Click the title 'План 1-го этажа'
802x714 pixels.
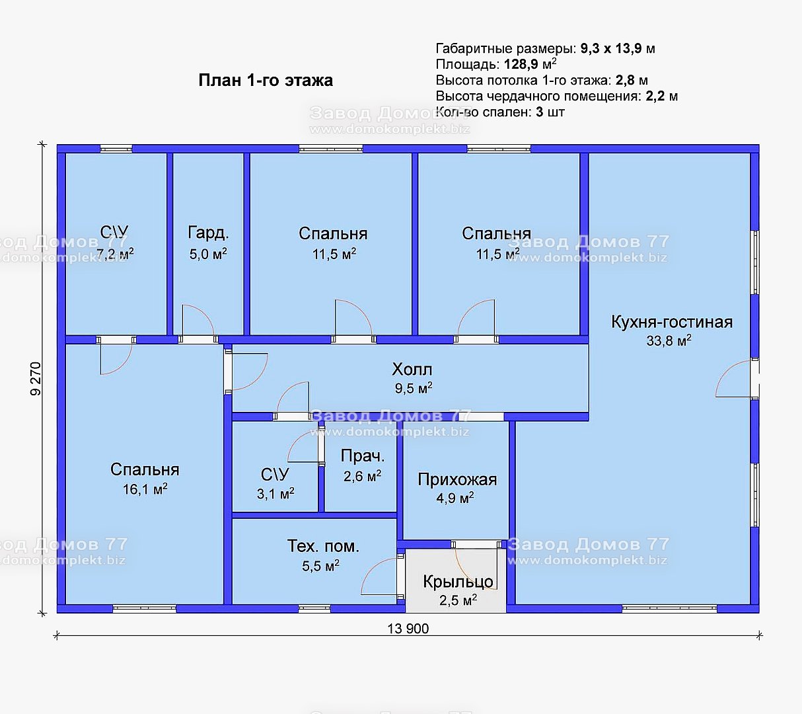[266, 81]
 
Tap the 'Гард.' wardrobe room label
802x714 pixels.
[208, 233]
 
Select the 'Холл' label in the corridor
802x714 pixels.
[412, 370]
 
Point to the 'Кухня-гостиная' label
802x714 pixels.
[672, 322]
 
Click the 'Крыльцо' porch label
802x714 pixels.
[458, 582]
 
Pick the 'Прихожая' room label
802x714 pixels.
[457, 480]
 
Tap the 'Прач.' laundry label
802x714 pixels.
[363, 456]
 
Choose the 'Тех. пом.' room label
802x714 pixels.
[323, 546]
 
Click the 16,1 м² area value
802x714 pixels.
[145, 490]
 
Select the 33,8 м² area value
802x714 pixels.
[669, 340]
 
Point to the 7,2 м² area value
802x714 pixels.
[115, 255]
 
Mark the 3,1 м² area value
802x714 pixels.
[275, 494]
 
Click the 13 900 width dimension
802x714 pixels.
[408, 629]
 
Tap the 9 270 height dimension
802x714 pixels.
[36, 378]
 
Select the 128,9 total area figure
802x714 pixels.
[521, 64]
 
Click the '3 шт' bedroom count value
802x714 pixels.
[550, 112]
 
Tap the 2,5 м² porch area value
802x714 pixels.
[458, 601]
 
